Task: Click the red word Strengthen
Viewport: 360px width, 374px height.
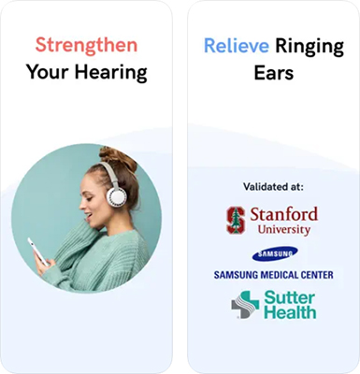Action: (86, 44)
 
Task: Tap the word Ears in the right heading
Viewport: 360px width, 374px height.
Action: (273, 72)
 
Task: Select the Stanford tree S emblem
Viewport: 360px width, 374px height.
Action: (237, 220)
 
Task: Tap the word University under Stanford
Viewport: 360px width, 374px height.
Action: (285, 228)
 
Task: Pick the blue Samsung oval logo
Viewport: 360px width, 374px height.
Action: (273, 253)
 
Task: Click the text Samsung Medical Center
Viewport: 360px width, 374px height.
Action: (273, 274)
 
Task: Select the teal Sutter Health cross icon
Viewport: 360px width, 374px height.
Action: (243, 305)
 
